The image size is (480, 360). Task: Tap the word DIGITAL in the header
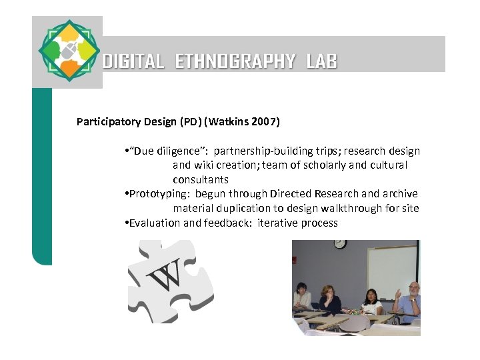(x=134, y=62)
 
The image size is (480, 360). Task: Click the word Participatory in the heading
(x=107, y=122)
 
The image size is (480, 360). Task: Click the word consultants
(x=200, y=180)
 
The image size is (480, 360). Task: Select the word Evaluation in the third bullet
(x=154, y=223)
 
